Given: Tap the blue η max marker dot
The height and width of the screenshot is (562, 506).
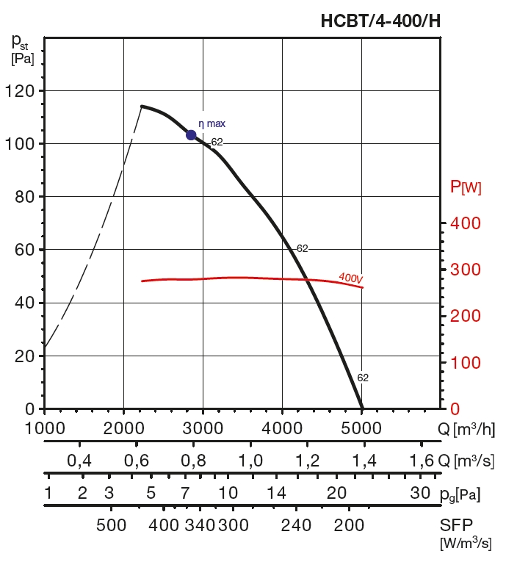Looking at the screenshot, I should [191, 134].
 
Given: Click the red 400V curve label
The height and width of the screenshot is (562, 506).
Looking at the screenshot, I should [351, 278].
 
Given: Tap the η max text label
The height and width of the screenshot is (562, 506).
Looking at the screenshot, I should [212, 124].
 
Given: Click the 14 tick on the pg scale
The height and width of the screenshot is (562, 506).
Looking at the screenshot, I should [276, 493].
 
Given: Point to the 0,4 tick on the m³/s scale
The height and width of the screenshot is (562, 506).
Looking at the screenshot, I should [79, 461].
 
